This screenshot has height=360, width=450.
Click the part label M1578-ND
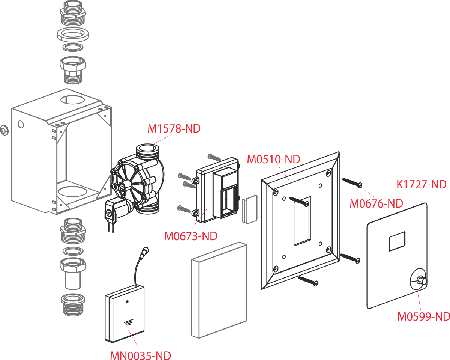(x=174, y=128)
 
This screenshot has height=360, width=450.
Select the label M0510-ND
(x=273, y=159)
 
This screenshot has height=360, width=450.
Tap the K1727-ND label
(x=421, y=185)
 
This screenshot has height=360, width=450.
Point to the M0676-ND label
(x=376, y=203)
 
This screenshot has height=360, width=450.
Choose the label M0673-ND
(x=191, y=236)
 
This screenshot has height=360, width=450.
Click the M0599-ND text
(x=424, y=316)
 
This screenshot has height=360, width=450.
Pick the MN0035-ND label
(x=141, y=355)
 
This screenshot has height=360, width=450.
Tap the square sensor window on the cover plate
(x=397, y=241)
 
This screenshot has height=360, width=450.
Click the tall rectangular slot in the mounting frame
(x=302, y=221)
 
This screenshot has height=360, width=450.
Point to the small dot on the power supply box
(x=127, y=301)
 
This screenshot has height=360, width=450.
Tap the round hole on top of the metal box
(x=73, y=99)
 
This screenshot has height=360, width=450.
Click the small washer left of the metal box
(x=4, y=130)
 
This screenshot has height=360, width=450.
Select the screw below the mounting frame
(x=308, y=281)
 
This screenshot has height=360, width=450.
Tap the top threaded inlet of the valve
(x=147, y=151)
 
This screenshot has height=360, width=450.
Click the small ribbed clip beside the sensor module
(x=250, y=209)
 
